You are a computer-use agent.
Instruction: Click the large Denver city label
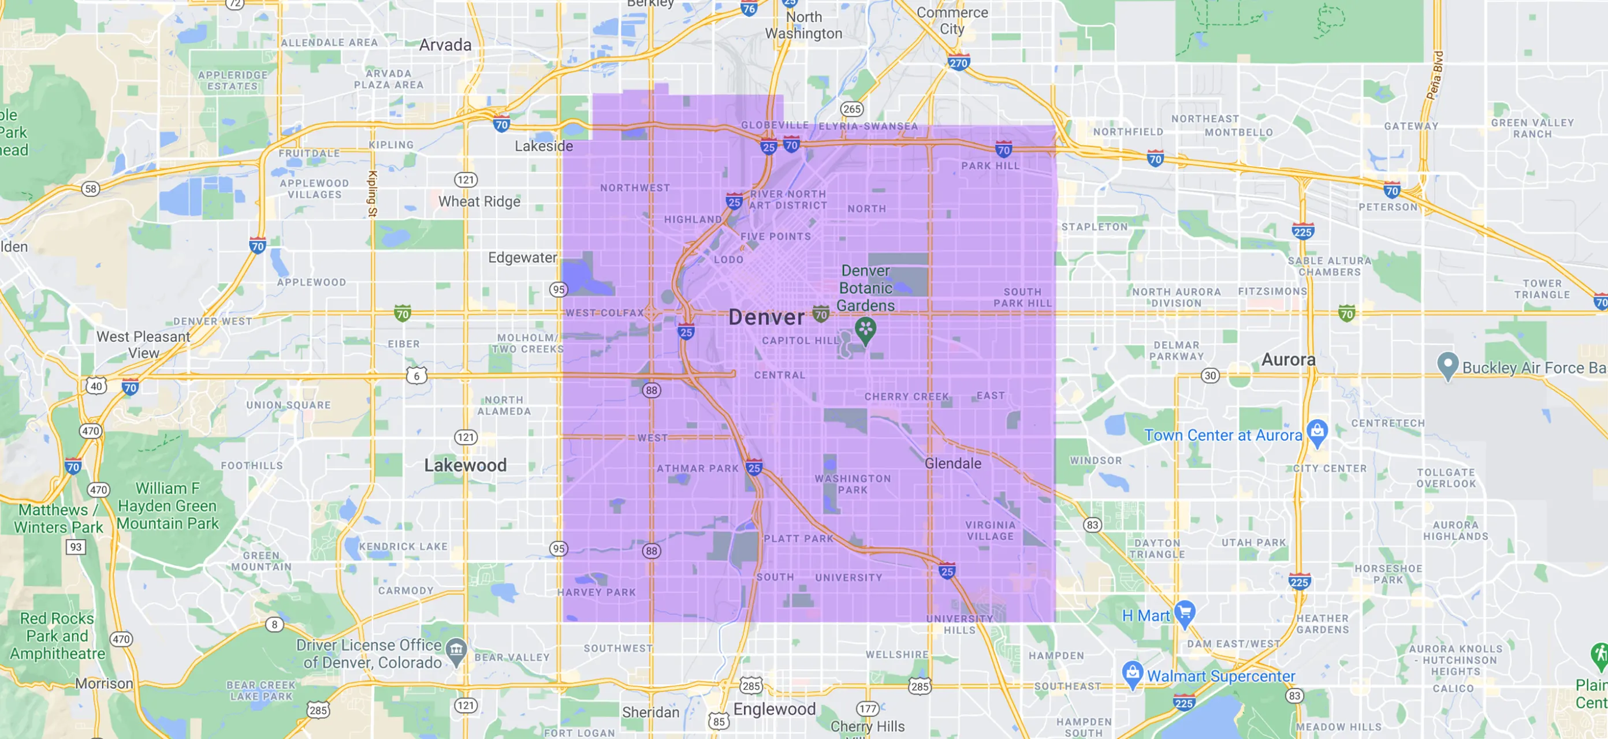click(x=766, y=318)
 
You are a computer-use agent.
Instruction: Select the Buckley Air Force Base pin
click(x=1447, y=365)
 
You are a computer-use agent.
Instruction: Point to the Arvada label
click(x=445, y=45)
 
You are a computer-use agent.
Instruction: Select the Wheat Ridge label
click(x=479, y=201)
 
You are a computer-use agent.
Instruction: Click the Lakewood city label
click(x=465, y=465)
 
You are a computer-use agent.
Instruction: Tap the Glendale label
click(x=952, y=463)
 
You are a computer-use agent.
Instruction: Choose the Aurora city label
click(x=1288, y=360)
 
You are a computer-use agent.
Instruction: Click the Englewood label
click(x=774, y=709)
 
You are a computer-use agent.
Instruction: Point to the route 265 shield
click(x=851, y=109)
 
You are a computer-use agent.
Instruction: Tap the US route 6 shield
click(x=416, y=376)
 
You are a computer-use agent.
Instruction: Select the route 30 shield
click(x=1209, y=375)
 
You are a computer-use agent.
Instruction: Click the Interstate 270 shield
click(x=958, y=63)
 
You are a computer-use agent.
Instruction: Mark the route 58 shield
click(x=91, y=188)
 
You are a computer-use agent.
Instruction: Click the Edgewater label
click(x=522, y=257)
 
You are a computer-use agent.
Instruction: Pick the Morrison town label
click(x=103, y=684)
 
